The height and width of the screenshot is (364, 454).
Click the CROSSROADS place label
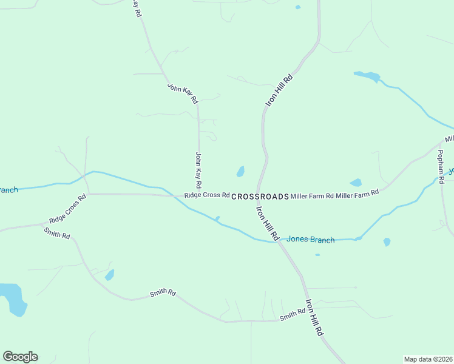click(260, 197)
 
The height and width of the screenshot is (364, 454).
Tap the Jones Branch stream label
click(310, 240)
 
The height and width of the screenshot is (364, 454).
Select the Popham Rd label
click(441, 166)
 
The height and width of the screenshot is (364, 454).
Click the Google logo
click(20, 357)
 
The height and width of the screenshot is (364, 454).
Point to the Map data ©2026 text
click(428, 359)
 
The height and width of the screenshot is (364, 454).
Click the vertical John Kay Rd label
click(198, 169)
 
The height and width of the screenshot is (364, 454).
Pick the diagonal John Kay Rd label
click(183, 93)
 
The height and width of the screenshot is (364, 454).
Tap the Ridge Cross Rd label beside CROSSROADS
click(207, 195)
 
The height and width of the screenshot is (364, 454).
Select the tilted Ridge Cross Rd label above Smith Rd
click(67, 209)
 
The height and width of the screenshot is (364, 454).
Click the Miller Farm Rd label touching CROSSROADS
click(312, 195)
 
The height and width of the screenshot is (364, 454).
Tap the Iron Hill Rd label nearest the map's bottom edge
click(314, 318)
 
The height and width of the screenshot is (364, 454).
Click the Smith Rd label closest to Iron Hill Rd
click(292, 315)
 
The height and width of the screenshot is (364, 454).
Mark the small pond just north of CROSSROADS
click(240, 172)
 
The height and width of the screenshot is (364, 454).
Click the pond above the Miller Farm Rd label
click(356, 183)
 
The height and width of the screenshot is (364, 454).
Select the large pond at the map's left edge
click(13, 298)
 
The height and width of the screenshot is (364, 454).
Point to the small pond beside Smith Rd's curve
click(109, 275)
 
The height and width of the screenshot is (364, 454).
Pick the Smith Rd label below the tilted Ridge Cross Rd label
click(57, 232)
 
